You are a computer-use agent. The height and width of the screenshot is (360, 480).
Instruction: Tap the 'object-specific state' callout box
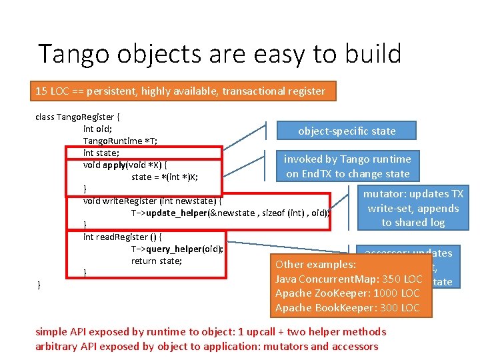tap(347, 131)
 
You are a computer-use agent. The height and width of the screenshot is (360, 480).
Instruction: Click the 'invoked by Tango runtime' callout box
tap(347, 166)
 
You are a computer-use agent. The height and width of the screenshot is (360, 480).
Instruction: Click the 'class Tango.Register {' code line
tap(77, 117)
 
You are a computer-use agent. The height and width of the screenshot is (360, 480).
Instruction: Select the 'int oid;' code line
tap(97, 129)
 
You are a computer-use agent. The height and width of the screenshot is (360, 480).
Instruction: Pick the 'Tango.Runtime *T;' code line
tap(112, 141)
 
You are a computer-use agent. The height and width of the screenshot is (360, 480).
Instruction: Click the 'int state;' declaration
tap(101, 153)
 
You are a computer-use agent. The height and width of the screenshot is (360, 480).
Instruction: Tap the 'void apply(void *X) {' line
tap(125, 165)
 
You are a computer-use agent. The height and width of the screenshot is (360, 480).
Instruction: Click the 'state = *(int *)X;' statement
tap(165, 177)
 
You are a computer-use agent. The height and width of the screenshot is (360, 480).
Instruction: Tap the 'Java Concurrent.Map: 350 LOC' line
tap(349, 279)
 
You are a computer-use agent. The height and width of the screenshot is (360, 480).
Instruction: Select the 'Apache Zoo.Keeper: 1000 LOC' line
tap(347, 293)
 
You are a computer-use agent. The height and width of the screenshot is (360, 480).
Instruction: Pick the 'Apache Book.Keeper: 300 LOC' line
tap(347, 308)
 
